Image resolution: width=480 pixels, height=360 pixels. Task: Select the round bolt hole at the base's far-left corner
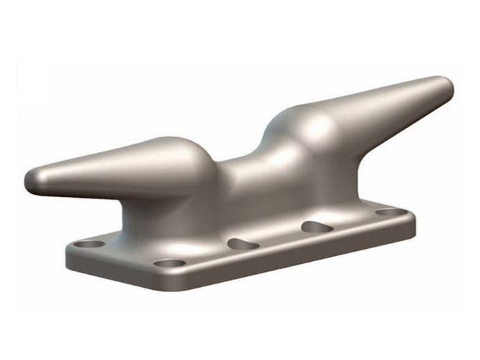pos(89,244)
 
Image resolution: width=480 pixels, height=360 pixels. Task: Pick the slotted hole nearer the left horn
pos(243,245)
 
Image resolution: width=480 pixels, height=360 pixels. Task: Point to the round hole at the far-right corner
pos(390,212)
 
